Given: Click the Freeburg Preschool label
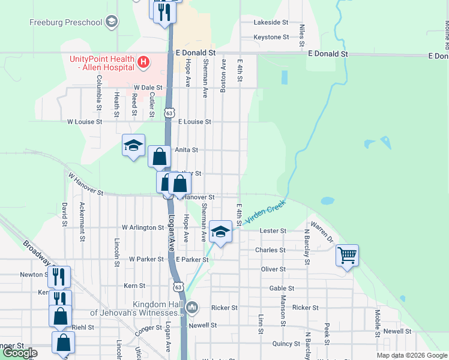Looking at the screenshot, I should point(66,23).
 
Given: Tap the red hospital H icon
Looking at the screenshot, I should point(143,61).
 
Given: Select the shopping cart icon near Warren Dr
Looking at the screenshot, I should point(347,256).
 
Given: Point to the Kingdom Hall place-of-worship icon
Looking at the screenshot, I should point(192,308).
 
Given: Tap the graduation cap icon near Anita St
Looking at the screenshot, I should point(133,145).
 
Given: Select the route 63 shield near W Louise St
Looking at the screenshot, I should point(170,112).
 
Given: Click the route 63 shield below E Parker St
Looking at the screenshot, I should point(178,287).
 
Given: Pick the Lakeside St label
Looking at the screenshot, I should point(271,22).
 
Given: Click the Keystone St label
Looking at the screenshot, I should point(271,37).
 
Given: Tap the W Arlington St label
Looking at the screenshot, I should point(143,228).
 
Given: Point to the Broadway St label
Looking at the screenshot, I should point(40,253).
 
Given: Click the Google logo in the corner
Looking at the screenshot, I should point(20,353).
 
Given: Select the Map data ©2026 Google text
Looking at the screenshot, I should point(412,355).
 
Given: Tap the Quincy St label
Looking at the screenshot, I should point(286,344).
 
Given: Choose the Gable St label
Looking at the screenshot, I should point(282,288).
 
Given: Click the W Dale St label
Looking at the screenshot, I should point(148,87).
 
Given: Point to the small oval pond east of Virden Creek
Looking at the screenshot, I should point(327,201).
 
